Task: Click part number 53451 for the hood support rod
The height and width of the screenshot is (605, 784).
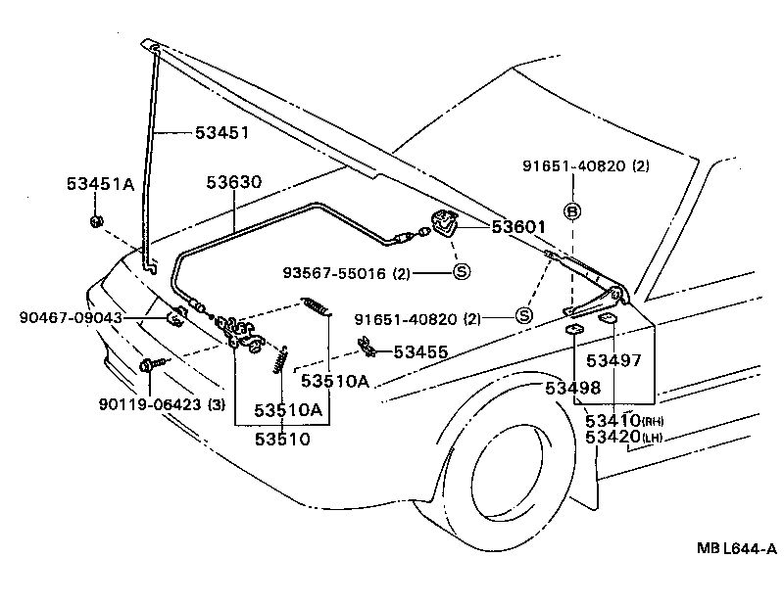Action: click(x=221, y=132)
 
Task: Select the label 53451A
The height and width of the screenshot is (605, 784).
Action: click(x=101, y=184)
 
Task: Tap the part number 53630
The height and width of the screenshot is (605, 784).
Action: click(x=233, y=182)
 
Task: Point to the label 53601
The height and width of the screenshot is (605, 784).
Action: click(x=518, y=227)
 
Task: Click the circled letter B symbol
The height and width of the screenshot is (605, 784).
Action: click(x=572, y=210)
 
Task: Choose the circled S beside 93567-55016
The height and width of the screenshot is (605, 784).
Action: click(x=461, y=273)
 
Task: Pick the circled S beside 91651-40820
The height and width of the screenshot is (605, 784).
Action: click(x=522, y=315)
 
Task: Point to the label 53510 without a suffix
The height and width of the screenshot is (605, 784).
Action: click(x=282, y=439)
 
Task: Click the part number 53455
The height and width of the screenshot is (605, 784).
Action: click(x=420, y=350)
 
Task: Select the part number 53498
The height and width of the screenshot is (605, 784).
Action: click(x=572, y=388)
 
